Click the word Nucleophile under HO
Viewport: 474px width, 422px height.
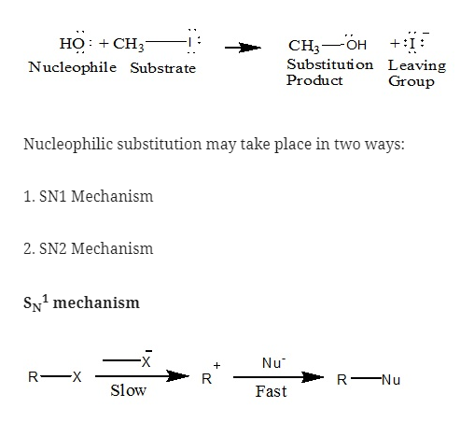click(73, 67)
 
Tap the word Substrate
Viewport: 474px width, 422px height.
click(163, 68)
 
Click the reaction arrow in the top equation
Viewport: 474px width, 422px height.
click(243, 48)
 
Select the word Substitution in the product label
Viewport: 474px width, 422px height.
click(330, 64)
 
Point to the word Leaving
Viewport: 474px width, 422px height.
click(417, 65)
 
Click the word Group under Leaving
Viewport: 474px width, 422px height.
click(411, 81)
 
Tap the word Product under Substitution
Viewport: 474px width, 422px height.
click(314, 80)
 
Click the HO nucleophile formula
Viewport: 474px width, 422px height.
click(72, 43)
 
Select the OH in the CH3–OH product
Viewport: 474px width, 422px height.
click(356, 45)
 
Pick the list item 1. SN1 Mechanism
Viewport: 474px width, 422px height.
click(89, 196)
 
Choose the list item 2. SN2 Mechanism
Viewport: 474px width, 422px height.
click(89, 248)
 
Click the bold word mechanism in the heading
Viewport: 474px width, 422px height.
click(96, 302)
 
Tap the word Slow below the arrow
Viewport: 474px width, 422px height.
click(129, 390)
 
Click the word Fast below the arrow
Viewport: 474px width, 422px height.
click(271, 391)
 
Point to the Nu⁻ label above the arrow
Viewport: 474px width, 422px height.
click(273, 363)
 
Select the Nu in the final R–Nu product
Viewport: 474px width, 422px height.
click(391, 380)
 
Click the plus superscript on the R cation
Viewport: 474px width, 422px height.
click(216, 365)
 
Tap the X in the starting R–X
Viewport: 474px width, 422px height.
click(77, 377)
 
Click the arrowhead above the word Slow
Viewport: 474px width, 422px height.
click(177, 376)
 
